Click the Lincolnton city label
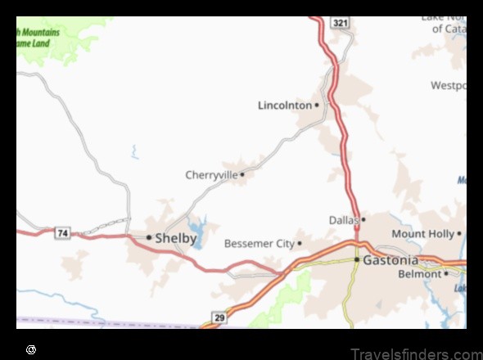click(284, 105)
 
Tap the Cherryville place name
click(211, 174)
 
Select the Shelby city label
click(176, 238)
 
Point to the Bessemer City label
click(259, 243)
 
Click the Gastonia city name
click(391, 260)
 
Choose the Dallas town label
click(344, 219)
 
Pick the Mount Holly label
click(422, 234)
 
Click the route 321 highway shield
click(341, 23)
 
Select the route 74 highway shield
click(62, 233)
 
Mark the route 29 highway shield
click(219, 317)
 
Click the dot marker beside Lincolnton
click(317, 105)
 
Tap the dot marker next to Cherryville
click(242, 174)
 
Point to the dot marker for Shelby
click(149, 237)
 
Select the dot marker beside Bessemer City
click(300, 243)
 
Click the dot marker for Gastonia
click(357, 259)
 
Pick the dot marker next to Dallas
click(363, 219)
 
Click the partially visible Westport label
click(449, 85)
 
